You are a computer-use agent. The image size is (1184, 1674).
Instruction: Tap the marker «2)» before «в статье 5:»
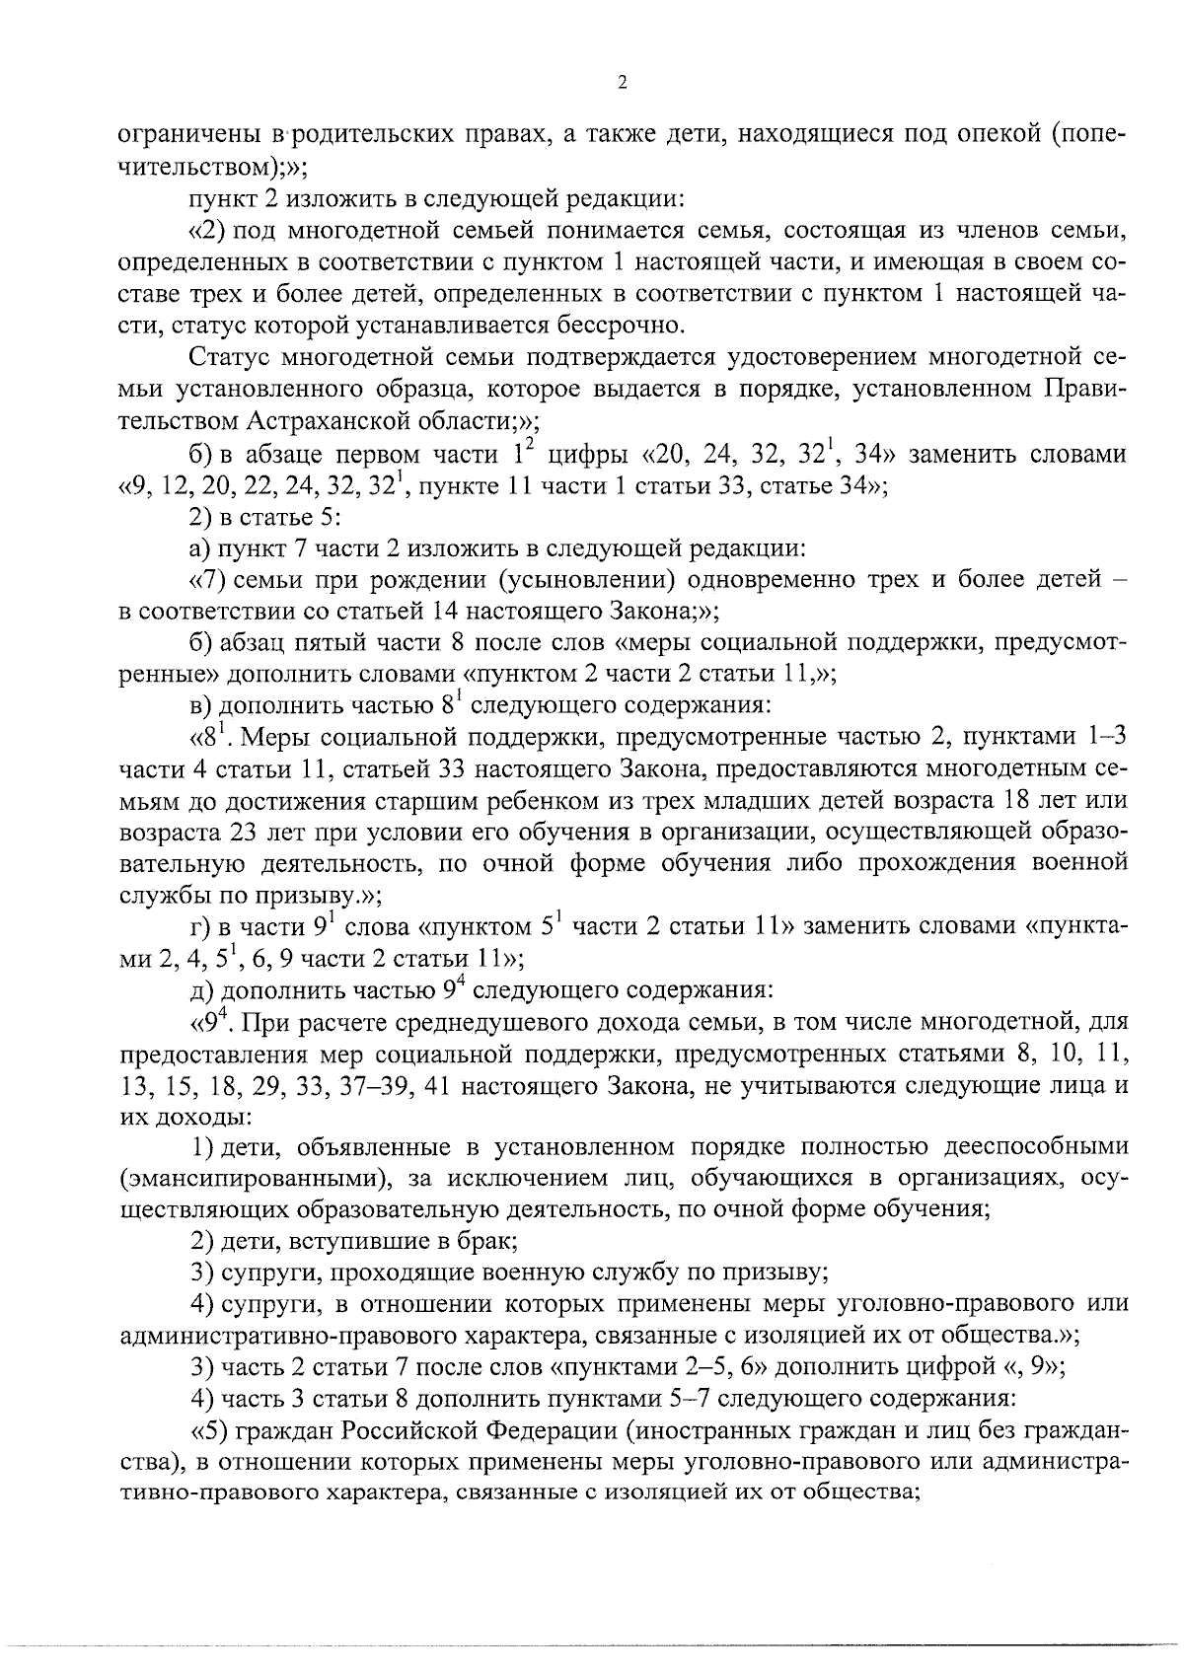point(202,515)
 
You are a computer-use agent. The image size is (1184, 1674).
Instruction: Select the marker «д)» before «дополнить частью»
point(202,989)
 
